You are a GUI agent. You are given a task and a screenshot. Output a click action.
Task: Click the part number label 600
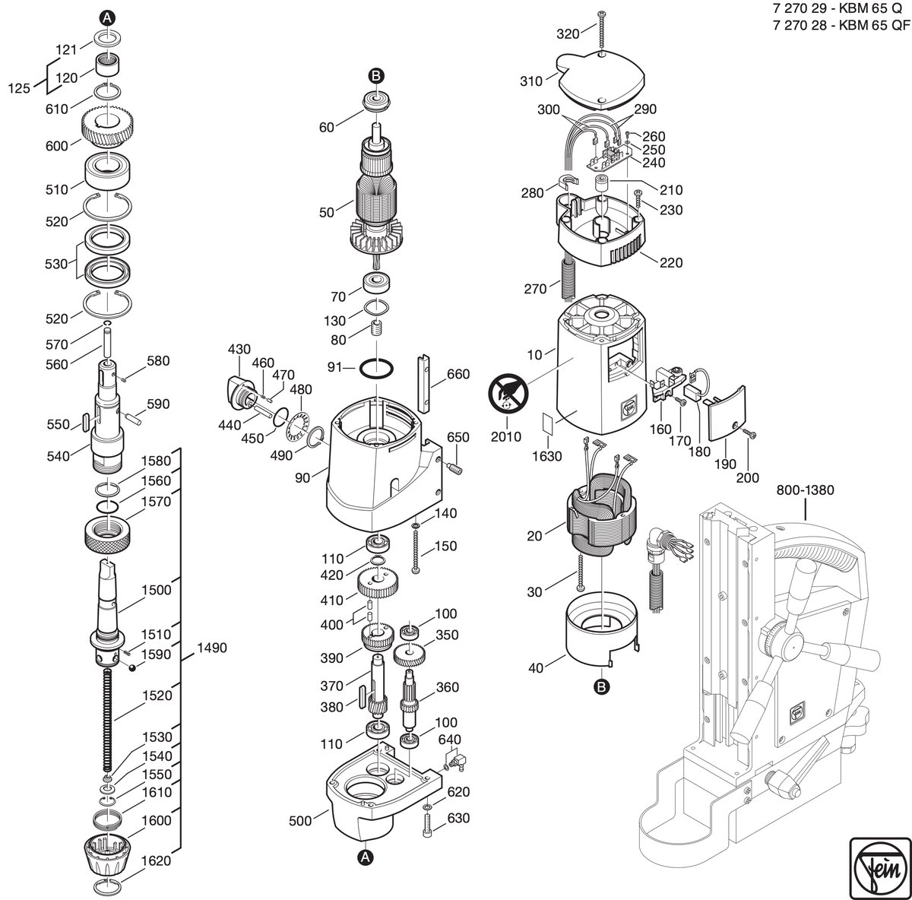(57, 146)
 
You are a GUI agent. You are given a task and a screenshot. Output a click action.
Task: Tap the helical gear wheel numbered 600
(107, 127)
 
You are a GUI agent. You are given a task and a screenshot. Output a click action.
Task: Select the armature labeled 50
(377, 199)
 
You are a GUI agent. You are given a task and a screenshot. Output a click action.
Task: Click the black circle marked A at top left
(107, 18)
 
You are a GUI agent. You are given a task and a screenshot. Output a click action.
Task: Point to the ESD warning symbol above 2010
(508, 391)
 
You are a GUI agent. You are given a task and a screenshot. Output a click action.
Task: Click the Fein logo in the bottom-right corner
(880, 868)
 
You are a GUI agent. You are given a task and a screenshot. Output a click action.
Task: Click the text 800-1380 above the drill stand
(805, 490)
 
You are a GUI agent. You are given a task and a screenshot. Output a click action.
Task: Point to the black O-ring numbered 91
(376, 369)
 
